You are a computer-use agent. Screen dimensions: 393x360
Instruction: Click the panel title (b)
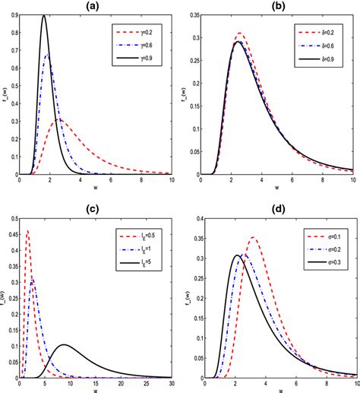tap(279, 6)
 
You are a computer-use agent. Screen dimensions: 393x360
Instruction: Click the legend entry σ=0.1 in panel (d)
tap(328, 233)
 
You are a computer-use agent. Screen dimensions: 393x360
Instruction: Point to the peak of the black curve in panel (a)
tap(43, 16)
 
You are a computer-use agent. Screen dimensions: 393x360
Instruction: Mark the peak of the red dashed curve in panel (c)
tap(28, 230)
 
